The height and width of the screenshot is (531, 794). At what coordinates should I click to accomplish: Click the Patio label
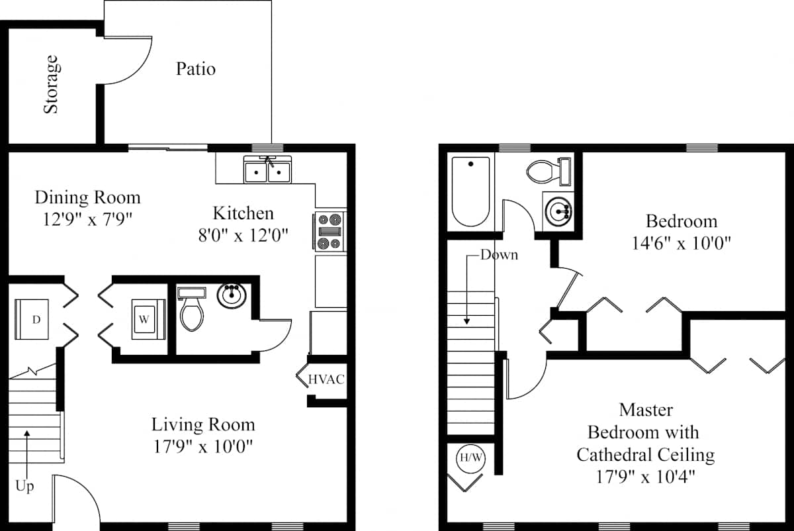[x=196, y=69]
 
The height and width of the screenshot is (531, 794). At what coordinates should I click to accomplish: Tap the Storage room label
[x=52, y=85]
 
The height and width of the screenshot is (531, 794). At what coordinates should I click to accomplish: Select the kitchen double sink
[x=267, y=169]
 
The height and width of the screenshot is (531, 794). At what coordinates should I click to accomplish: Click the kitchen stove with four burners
[x=330, y=231]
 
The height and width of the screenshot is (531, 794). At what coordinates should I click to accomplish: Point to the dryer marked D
[x=32, y=319]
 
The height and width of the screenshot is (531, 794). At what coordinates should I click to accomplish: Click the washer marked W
[x=148, y=319]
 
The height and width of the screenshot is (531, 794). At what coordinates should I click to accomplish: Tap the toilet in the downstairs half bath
[x=192, y=309]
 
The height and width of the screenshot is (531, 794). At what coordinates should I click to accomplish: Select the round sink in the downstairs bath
[x=232, y=295]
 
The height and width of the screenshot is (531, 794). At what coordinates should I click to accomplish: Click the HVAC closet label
[x=326, y=379]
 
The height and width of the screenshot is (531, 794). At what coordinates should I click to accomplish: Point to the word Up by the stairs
[x=25, y=486]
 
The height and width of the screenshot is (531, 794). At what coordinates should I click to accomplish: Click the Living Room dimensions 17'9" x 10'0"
[x=202, y=446]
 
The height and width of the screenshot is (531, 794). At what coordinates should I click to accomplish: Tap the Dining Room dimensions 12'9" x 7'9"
[x=87, y=219]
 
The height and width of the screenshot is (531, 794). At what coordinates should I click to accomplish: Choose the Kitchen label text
[x=243, y=213]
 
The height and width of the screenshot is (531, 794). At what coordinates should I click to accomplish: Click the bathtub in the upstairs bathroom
[x=470, y=191]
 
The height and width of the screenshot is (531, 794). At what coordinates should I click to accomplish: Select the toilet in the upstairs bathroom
[x=549, y=171]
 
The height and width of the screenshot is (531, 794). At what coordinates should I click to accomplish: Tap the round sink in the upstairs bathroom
[x=558, y=212]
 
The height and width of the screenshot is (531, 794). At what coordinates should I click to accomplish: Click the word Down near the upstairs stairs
[x=499, y=255]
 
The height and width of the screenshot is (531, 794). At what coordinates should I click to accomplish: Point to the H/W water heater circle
[x=470, y=458]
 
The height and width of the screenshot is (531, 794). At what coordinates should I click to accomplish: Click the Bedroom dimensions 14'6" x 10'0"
[x=681, y=244]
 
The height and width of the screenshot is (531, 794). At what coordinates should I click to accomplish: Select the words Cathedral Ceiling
[x=646, y=455]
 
